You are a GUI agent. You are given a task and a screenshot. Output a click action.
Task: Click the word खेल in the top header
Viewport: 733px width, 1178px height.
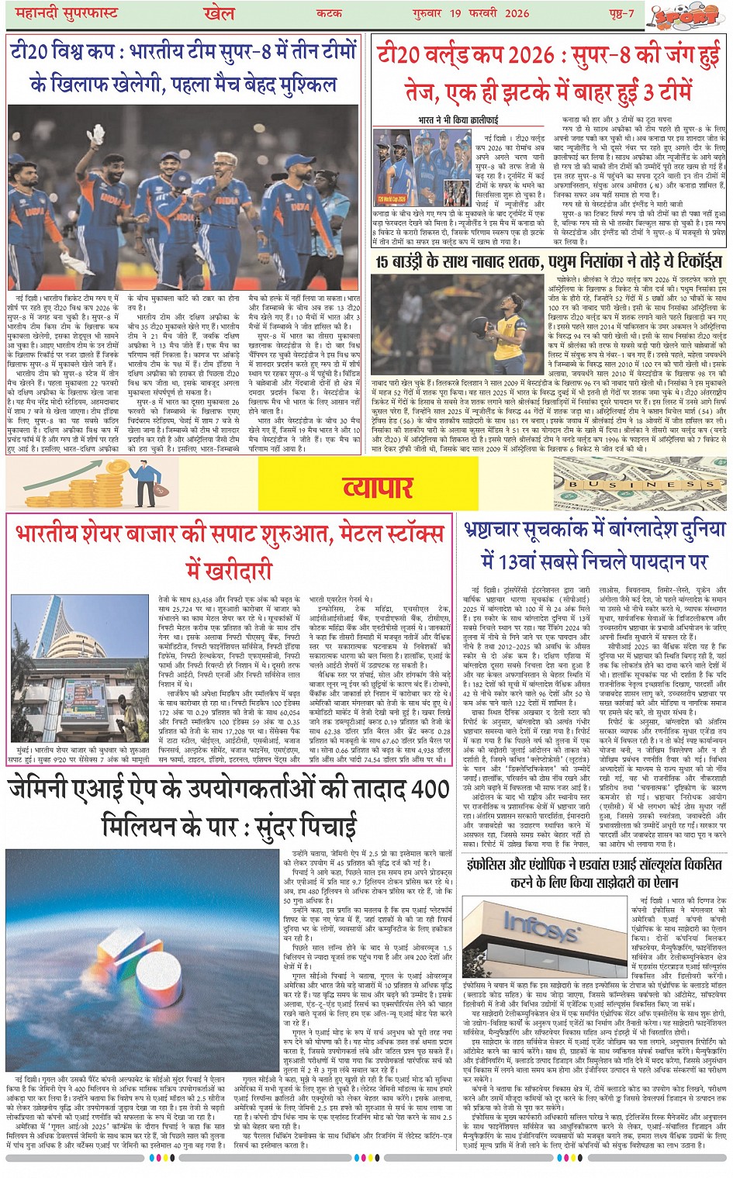click(x=219, y=13)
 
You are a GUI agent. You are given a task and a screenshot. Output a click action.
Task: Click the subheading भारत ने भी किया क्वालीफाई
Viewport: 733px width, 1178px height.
click(x=458, y=120)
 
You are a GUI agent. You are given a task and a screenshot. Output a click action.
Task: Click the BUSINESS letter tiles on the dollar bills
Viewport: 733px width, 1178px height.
click(x=640, y=484)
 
